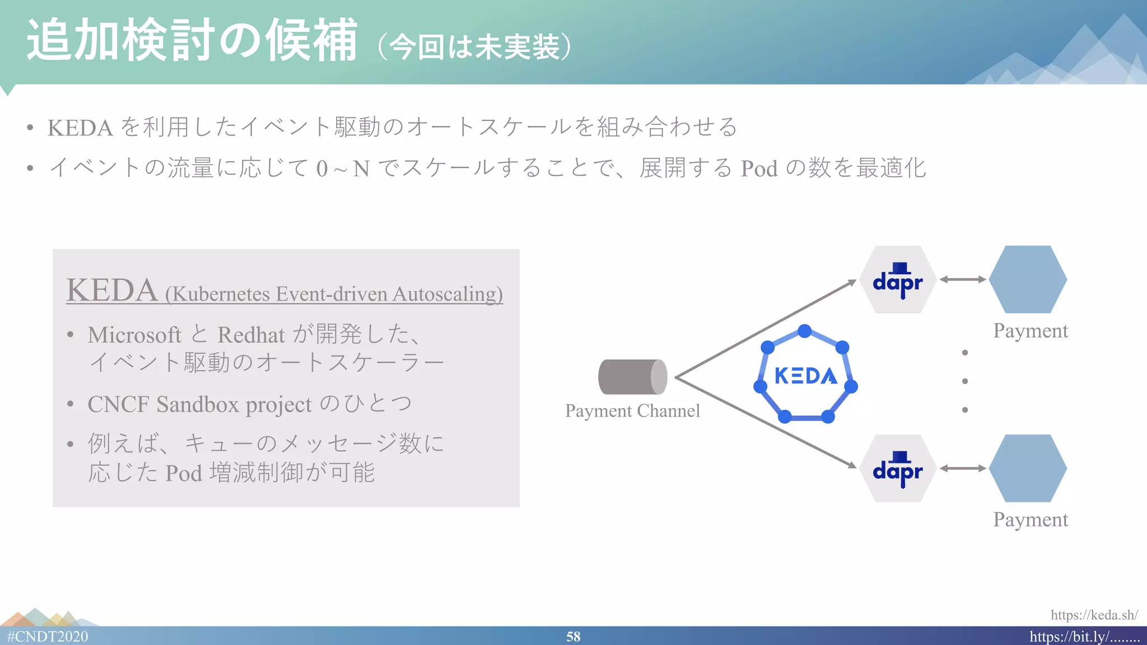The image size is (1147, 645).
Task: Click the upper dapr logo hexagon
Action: pos(898,279)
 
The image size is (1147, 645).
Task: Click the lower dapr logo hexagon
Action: pos(898,468)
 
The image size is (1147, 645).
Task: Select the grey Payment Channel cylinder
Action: pos(632,377)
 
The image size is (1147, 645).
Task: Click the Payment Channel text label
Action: pos(632,411)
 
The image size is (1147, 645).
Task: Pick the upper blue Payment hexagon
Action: pos(1028,279)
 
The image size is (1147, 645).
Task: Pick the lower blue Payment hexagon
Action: pos(1028,468)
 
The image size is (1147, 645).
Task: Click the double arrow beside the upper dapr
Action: pos(962,279)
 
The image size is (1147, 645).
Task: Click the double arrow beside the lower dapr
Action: pos(962,468)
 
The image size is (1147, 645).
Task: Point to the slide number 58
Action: pos(573,637)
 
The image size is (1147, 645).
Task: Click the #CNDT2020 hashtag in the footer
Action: pos(48,637)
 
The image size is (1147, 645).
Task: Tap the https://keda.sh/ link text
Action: pos(1093,615)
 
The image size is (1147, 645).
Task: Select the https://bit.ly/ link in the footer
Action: pos(1084,637)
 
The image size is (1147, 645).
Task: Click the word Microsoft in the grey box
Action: pos(134,335)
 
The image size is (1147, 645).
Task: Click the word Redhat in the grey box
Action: pos(251,335)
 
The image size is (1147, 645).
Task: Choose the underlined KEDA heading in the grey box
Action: pos(112,291)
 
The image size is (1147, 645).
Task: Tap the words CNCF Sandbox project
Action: pos(199,404)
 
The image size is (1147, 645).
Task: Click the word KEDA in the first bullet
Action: pos(80,128)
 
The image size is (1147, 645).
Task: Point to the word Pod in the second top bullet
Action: pos(759,169)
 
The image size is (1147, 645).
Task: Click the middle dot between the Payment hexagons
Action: pos(964,381)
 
